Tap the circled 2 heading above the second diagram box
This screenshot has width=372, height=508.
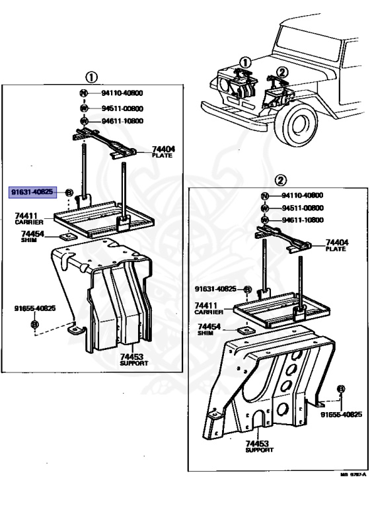[279, 180]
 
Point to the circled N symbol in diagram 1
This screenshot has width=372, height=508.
[84, 94]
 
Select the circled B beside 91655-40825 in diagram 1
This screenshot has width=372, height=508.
[35, 324]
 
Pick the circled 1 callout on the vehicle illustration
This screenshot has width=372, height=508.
[244, 63]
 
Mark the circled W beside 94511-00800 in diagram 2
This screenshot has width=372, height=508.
[264, 208]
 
